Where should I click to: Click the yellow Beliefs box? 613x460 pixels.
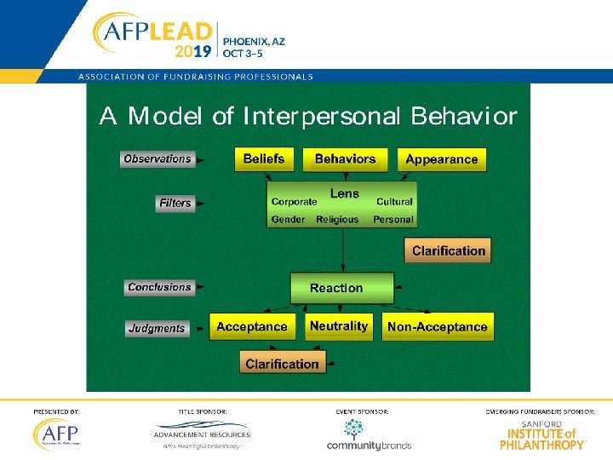pos(263,159)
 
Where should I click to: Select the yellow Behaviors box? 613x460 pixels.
pos(345,159)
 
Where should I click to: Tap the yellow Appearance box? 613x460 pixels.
pos(441,159)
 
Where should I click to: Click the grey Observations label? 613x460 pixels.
pos(158,159)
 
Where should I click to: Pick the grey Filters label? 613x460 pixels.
pos(175,204)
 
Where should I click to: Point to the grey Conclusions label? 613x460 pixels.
pos(159,287)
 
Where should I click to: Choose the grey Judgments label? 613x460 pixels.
pos(156,328)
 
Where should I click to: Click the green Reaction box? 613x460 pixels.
pos(341,288)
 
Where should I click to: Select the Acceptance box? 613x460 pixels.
pos(252,327)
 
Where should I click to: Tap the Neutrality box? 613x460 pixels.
pos(339,326)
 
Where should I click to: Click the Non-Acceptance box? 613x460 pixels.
pos(437,327)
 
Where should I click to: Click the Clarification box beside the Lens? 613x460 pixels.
pos(448,250)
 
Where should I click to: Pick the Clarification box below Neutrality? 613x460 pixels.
pos(282,364)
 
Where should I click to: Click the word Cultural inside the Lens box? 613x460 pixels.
pos(394,202)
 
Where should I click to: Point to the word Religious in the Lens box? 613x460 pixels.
pos(338,220)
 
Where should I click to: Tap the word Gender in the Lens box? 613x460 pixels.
pos(288,220)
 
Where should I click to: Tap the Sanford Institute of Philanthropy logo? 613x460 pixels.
pos(542,434)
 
